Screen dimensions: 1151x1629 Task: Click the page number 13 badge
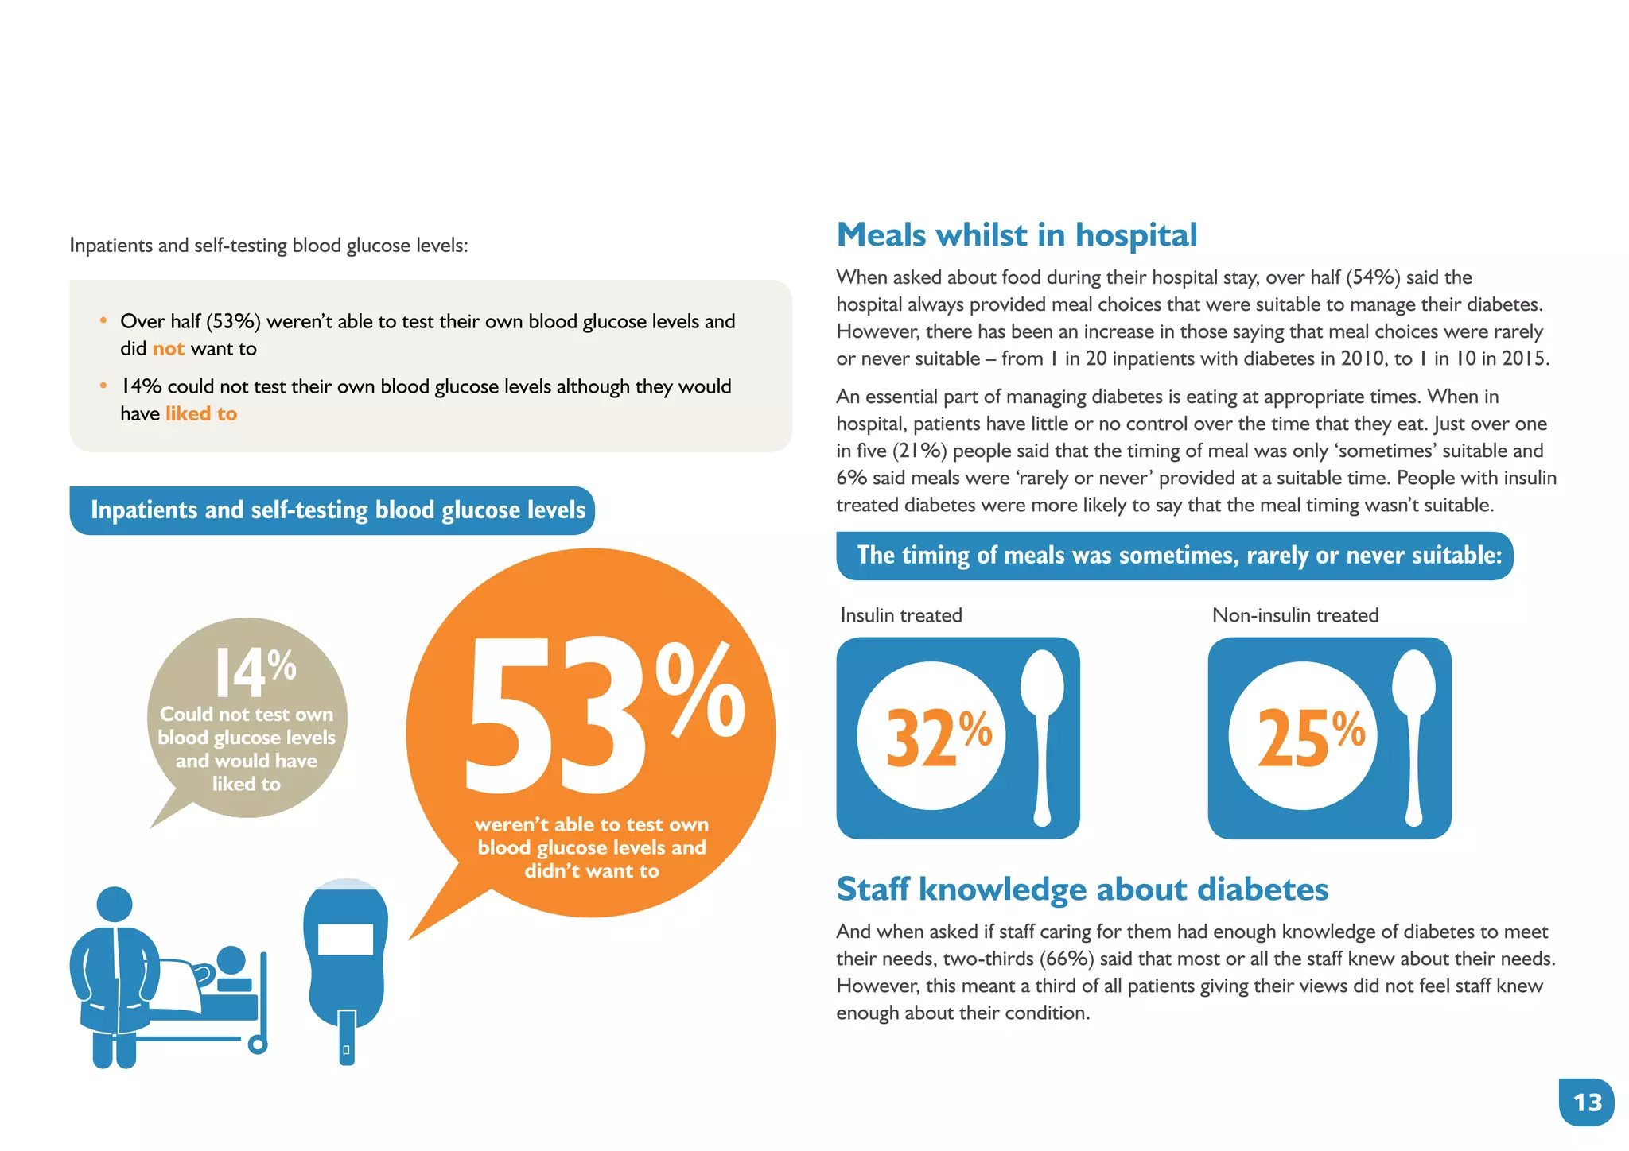(x=1586, y=1103)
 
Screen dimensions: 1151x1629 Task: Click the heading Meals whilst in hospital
(x=1017, y=235)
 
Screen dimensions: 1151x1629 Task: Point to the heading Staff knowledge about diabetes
(x=1082, y=889)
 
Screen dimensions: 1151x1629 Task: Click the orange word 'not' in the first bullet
(x=168, y=349)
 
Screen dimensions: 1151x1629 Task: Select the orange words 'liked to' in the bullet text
(x=201, y=414)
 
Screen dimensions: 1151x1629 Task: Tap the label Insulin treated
(x=900, y=615)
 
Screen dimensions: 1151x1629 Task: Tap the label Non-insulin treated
(x=1295, y=615)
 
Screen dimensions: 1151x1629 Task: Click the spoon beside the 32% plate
(x=1042, y=735)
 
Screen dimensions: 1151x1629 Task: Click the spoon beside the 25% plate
(x=1413, y=735)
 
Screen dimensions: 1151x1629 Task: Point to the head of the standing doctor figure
(x=115, y=905)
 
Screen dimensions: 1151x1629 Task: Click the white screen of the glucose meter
(x=345, y=939)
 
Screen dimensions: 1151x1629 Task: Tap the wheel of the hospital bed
(x=258, y=1044)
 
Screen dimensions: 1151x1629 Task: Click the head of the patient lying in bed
(x=231, y=960)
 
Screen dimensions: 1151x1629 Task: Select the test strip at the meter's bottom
(x=347, y=1037)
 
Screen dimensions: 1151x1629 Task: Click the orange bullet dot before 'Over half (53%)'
(x=103, y=320)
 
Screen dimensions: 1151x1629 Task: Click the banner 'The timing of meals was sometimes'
(x=1174, y=556)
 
